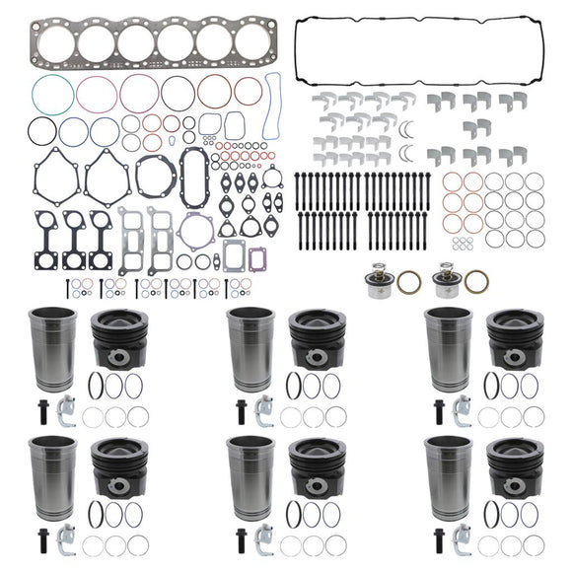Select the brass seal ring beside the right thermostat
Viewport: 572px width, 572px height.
(476, 281)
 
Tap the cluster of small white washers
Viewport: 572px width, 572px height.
(460, 244)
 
